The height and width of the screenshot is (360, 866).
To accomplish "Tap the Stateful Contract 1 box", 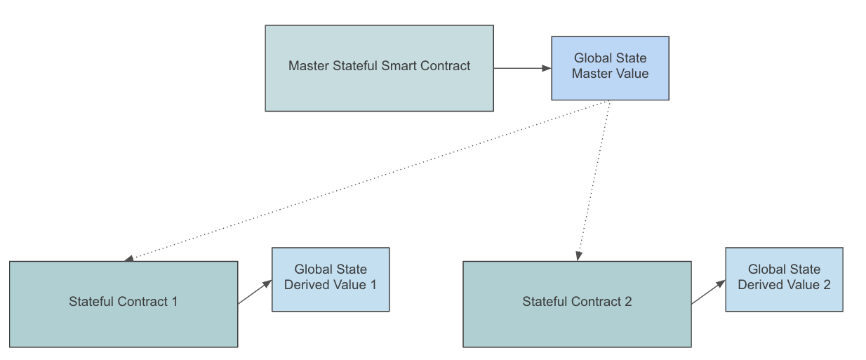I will coord(124,323).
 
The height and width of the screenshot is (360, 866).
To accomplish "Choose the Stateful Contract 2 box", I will coord(577,323).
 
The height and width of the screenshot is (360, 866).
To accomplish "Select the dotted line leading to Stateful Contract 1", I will coord(365,180).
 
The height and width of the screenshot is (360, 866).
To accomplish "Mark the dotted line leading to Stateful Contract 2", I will coord(593,180).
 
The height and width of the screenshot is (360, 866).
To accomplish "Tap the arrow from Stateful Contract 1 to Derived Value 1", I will coord(254,293).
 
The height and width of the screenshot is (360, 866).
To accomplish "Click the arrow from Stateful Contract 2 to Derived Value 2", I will coord(708,293).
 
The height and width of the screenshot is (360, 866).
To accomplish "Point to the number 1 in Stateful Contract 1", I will coord(174,302).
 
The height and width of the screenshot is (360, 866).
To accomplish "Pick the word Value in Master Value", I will coord(633,73).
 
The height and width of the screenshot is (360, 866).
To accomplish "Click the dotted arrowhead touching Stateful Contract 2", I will coord(578,257).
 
